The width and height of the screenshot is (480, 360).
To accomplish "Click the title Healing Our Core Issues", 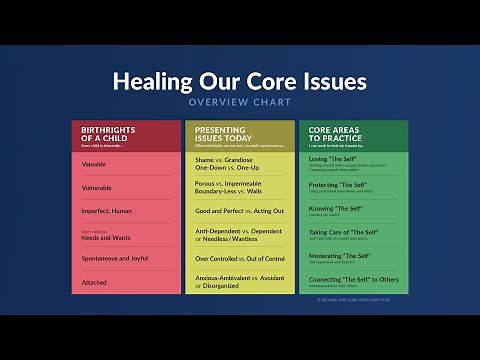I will point(239,81).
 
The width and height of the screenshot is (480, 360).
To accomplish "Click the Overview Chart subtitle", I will point(239,102).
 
